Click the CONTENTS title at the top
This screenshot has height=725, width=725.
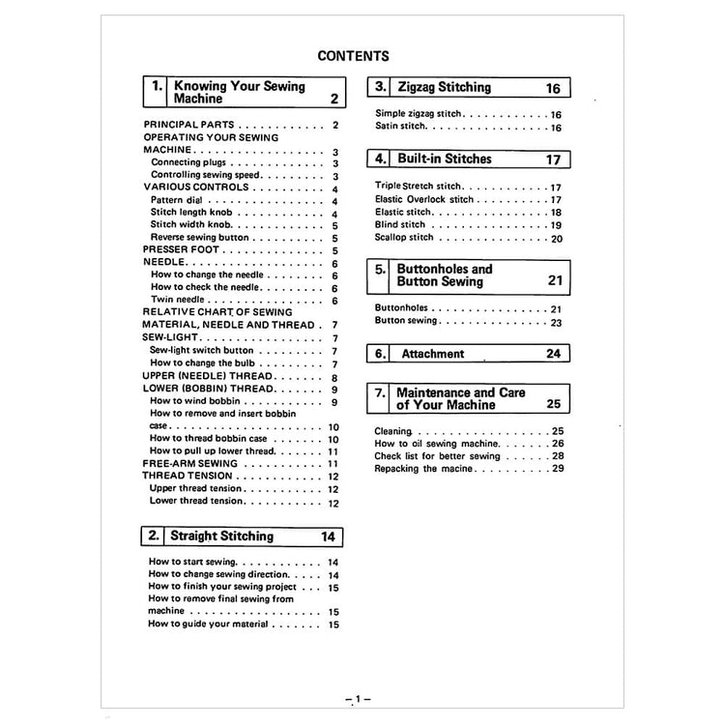click(x=353, y=56)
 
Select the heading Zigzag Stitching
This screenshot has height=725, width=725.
click(x=445, y=87)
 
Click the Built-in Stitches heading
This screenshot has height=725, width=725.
click(x=445, y=159)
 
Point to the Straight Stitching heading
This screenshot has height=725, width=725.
click(x=221, y=536)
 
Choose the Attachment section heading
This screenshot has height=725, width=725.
click(x=432, y=354)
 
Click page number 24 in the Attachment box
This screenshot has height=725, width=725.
click(x=553, y=354)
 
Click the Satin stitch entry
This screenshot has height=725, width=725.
click(x=400, y=127)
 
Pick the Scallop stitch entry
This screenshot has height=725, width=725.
click(x=404, y=237)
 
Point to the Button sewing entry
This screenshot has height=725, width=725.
click(x=406, y=321)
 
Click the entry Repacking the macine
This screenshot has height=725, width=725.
click(x=423, y=468)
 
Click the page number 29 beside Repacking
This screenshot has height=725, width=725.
click(x=558, y=468)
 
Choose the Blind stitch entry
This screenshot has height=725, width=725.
click(x=400, y=224)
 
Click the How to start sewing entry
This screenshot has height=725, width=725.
click(x=192, y=562)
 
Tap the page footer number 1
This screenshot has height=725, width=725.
click(x=357, y=698)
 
